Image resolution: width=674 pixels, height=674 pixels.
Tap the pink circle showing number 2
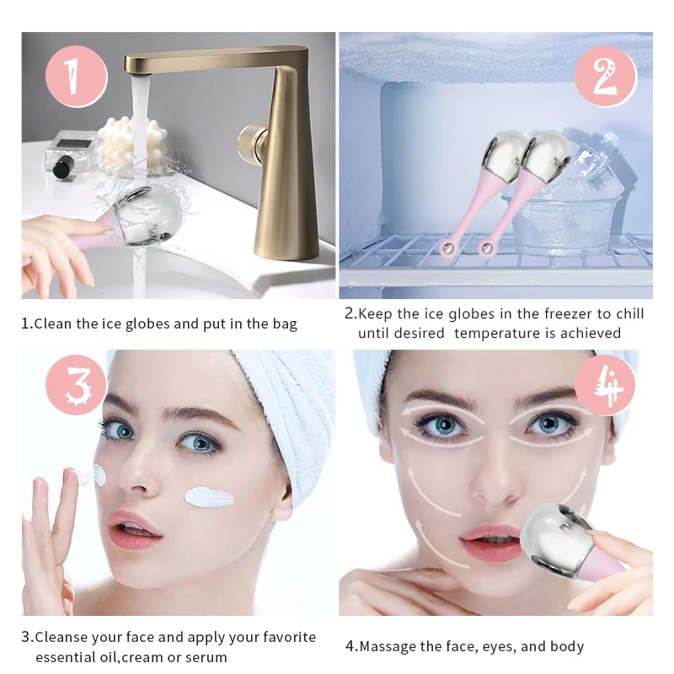604,77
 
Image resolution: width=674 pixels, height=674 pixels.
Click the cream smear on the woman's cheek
209,496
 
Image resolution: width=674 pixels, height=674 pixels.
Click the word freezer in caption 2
559,314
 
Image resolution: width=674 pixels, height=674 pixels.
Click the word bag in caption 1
282,324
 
